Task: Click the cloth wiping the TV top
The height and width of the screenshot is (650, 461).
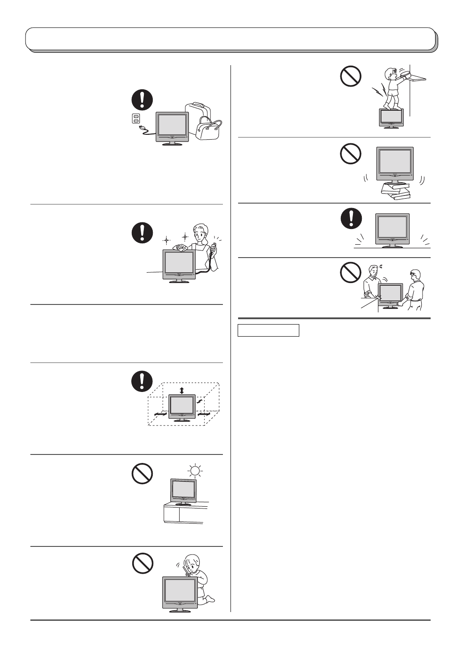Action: (183, 245)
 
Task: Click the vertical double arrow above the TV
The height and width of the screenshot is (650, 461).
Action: (181, 391)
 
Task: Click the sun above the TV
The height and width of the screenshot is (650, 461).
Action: (195, 471)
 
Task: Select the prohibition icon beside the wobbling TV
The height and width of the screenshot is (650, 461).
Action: (351, 154)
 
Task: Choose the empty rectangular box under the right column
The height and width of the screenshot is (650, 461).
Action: (268, 330)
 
